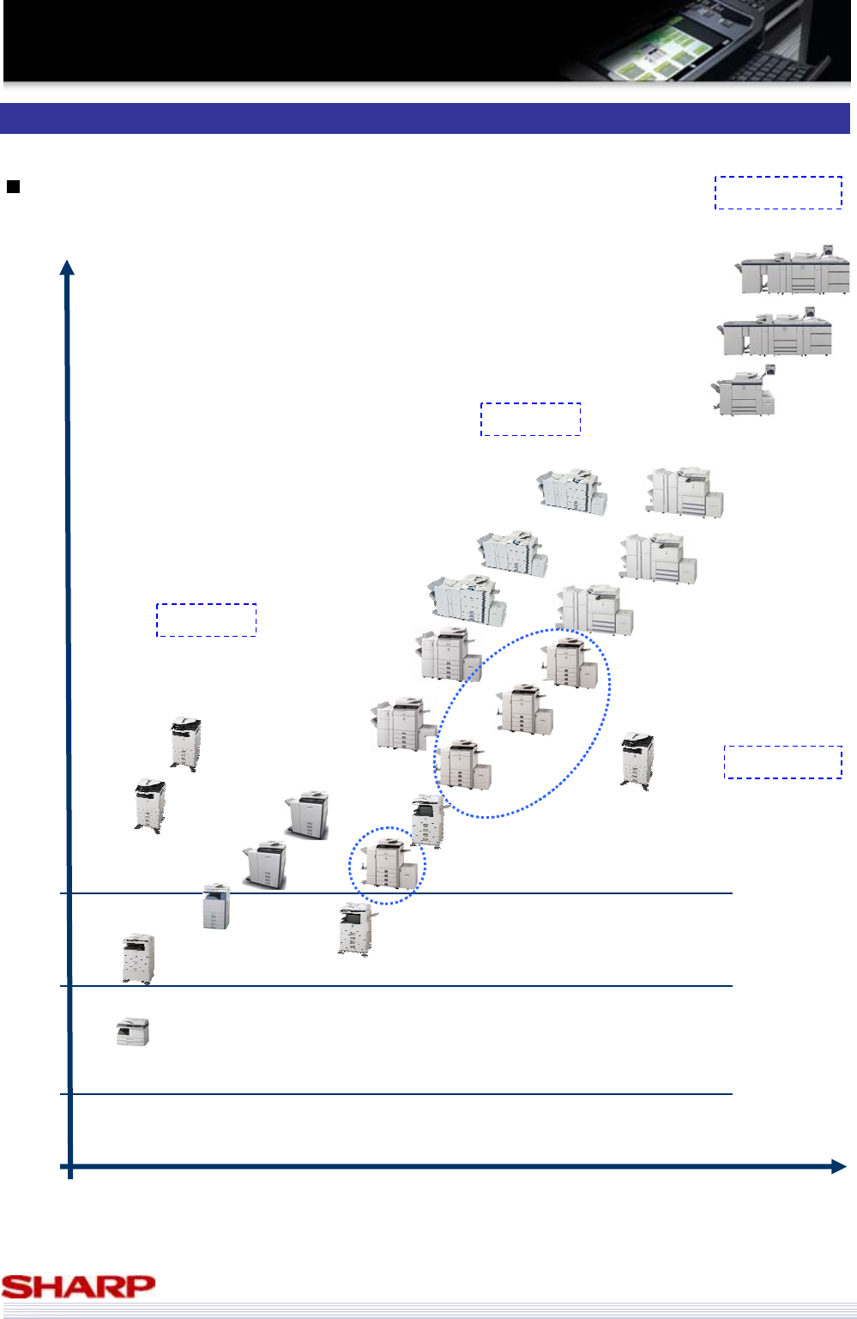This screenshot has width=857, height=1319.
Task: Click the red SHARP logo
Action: point(78,1287)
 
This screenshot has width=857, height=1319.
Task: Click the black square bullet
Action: point(13,187)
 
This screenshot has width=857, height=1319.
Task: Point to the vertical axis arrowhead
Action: point(67,268)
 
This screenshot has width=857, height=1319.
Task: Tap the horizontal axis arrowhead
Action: point(838,1166)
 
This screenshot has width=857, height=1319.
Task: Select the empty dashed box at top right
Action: point(778,192)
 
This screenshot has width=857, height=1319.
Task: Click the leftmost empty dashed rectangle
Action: point(206,620)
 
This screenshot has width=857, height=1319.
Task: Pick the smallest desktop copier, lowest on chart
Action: point(133,1032)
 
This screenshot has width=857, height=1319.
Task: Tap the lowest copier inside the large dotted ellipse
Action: point(465,764)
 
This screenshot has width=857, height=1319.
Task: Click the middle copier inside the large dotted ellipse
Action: point(524,710)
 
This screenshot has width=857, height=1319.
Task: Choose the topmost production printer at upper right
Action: point(793,269)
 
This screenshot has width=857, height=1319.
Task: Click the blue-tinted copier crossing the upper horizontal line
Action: point(216,906)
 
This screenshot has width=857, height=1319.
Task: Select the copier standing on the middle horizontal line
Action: point(138,959)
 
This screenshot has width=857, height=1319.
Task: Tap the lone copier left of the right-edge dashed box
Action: point(637,761)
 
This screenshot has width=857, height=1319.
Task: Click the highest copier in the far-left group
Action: point(186,745)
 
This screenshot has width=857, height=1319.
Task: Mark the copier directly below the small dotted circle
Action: point(357,929)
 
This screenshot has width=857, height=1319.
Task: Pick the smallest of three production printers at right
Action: point(744,390)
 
